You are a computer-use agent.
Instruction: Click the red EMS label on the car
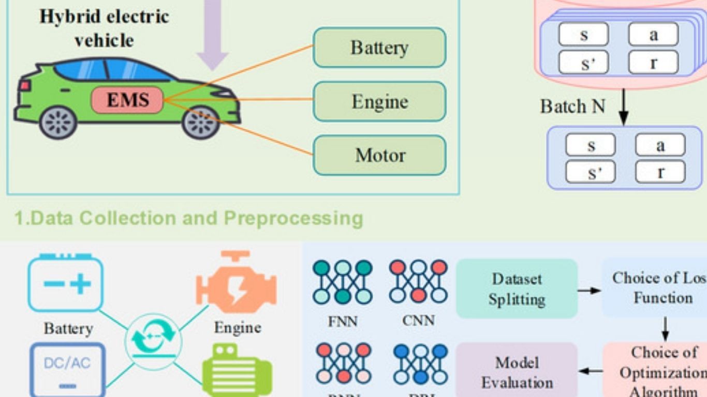point(127,100)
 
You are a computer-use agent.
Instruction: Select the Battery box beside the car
point(379,48)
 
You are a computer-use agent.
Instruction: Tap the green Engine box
point(379,102)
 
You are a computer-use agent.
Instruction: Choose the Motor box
point(379,155)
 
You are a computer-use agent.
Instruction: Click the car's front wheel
point(201,123)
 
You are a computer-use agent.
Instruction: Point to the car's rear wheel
point(58,123)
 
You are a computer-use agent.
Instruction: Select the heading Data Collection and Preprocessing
point(188,218)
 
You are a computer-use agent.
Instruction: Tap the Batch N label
point(572,106)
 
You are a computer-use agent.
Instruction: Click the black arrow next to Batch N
point(624,108)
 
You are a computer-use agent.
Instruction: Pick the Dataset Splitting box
point(517,288)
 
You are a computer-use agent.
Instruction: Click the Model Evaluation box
point(517,372)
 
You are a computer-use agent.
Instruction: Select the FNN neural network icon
point(343,282)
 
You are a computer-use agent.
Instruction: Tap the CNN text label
point(418,320)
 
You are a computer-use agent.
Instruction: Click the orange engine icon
point(236,282)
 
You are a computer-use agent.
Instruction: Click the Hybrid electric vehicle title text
point(105,28)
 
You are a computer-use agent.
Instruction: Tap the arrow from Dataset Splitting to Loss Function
point(589,291)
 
